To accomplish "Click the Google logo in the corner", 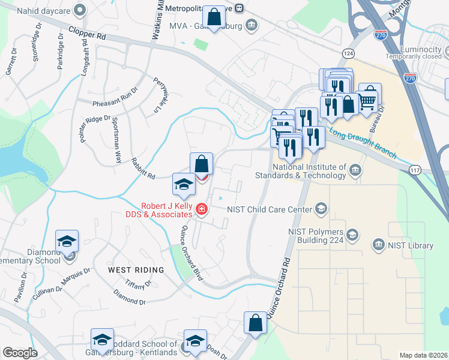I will [x=20, y=353].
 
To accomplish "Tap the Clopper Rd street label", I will [x=87, y=33].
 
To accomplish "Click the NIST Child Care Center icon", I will [x=322, y=209].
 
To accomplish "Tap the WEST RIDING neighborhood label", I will [x=136, y=270].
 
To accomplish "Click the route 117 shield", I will [x=415, y=171].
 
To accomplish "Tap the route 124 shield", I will [x=348, y=54].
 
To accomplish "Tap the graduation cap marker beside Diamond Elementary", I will [x=67, y=242].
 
